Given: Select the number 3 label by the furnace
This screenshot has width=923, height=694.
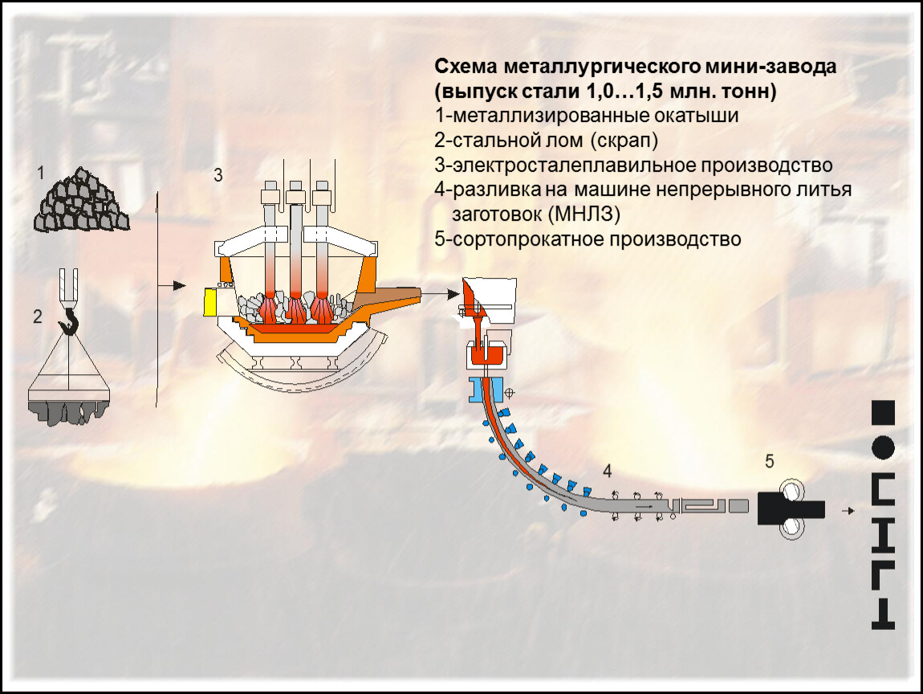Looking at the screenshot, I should [218, 175].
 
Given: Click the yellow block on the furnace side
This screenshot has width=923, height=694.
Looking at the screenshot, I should [210, 302].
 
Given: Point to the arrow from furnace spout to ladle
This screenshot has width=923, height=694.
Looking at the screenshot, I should [441, 296].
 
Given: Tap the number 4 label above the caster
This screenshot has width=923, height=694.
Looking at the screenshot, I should [607, 469].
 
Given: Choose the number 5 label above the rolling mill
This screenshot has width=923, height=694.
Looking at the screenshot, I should [769, 461].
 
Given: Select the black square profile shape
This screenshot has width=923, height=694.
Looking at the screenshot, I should [883, 411].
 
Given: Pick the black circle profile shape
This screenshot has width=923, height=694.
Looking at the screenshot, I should [883, 447].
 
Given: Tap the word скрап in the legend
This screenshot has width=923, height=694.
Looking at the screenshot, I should [625, 141].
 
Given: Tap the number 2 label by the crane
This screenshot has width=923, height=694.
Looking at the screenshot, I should [37, 316].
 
